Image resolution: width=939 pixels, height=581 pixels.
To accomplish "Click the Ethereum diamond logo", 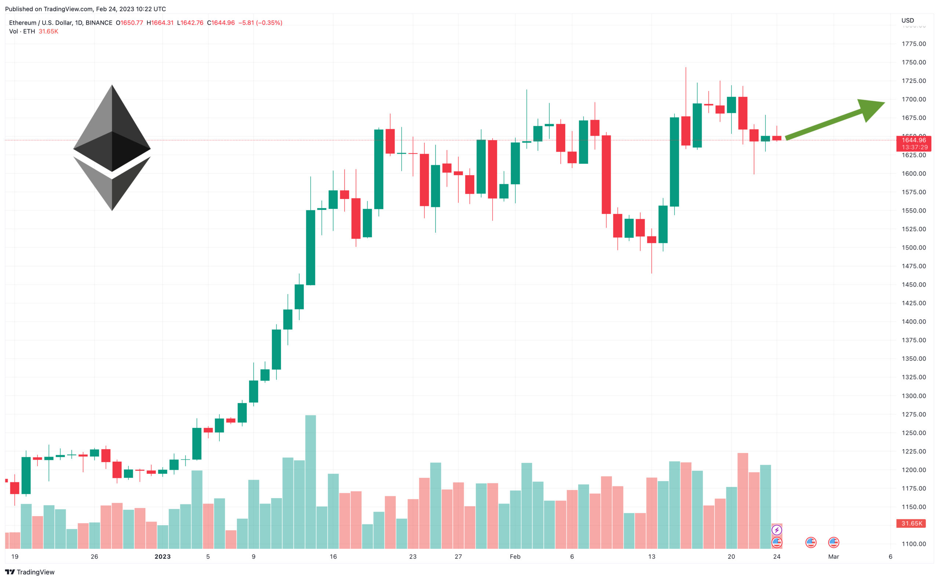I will pyautogui.click(x=112, y=148).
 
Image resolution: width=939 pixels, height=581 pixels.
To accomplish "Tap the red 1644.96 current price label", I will pyautogui.click(x=913, y=140).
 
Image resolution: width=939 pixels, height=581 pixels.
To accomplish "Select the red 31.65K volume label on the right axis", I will pyautogui.click(x=911, y=523).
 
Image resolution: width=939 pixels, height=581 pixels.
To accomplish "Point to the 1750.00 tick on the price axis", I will pyautogui.click(x=913, y=62).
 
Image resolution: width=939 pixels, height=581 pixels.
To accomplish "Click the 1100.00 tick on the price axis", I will pyautogui.click(x=913, y=544).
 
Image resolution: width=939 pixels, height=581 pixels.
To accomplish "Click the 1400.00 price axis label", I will pyautogui.click(x=913, y=322).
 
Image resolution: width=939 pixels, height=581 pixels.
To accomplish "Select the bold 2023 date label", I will pyautogui.click(x=162, y=556).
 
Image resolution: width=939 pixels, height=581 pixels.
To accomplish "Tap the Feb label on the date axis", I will pyautogui.click(x=515, y=556).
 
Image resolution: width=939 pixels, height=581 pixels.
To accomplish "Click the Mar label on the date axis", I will pyautogui.click(x=833, y=556).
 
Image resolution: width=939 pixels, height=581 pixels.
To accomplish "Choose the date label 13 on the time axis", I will pyautogui.click(x=651, y=556).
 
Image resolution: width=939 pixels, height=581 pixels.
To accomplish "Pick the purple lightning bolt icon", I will pyautogui.click(x=777, y=530).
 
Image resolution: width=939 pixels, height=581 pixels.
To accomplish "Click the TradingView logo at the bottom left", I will pyautogui.click(x=30, y=572).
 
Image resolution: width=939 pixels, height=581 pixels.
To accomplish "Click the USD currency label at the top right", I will pyautogui.click(x=907, y=20).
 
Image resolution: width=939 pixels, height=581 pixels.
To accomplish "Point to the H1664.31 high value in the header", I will pyautogui.click(x=160, y=23).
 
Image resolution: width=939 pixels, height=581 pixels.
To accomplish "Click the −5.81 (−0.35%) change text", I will pyautogui.click(x=260, y=23).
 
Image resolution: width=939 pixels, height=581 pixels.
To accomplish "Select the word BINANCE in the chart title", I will pyautogui.click(x=99, y=23).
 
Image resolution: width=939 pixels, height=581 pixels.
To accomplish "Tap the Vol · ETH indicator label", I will pyautogui.click(x=22, y=32).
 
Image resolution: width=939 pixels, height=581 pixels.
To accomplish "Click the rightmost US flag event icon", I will pyautogui.click(x=833, y=542).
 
